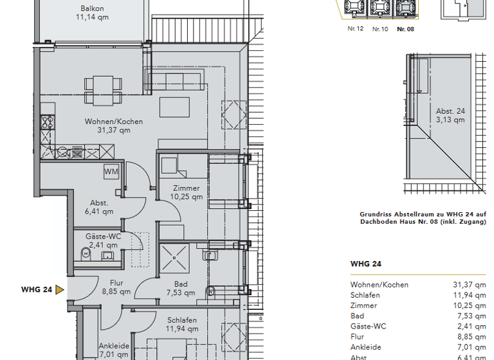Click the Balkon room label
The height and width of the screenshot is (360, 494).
click(93, 8)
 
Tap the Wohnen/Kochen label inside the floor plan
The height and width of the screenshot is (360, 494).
click(114, 122)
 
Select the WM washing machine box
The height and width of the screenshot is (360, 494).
click(111, 172)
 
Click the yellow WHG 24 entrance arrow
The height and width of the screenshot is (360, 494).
click(60, 289)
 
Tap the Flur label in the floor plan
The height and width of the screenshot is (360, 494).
click(116, 283)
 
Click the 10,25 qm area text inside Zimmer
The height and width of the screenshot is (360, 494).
click(187, 197)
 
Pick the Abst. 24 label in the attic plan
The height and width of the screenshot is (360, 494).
click(450, 111)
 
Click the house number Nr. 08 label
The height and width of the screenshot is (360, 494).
click(405, 29)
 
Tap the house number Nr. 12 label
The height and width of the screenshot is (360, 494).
click(356, 29)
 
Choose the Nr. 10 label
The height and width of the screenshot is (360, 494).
click(380, 29)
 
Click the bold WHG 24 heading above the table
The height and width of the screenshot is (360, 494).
click(366, 264)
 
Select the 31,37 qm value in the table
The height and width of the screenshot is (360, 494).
click(470, 285)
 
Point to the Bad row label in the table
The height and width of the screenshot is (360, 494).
click(357, 316)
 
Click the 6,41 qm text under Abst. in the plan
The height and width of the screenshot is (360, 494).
click(98, 211)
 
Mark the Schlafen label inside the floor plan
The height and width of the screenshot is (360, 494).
click(181, 320)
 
